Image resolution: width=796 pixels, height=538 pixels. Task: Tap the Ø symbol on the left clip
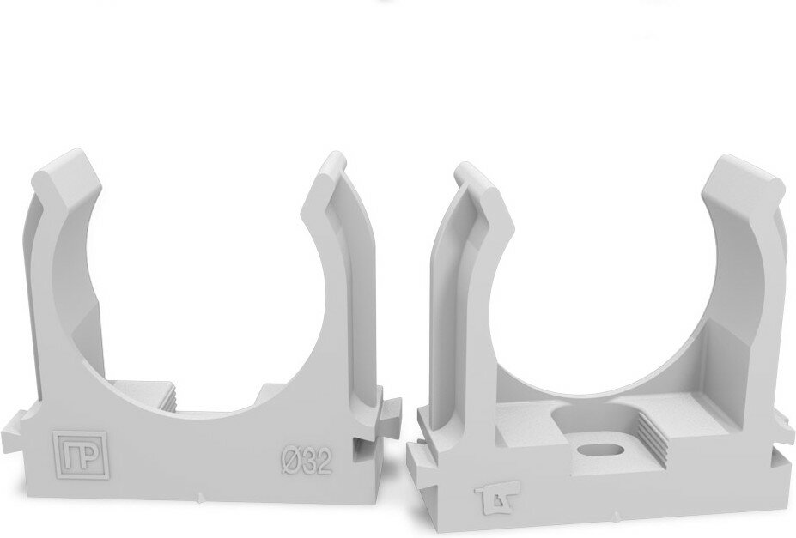click(292, 461)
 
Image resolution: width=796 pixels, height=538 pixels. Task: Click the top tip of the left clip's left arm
click(76, 151)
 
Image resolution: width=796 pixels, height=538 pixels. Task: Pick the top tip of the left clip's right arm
click(336, 153)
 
